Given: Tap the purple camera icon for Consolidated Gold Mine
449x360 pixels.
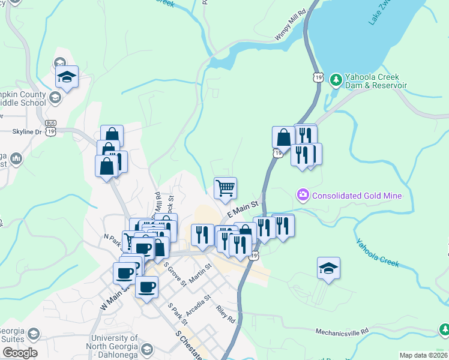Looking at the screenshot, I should pyautogui.click(x=303, y=195).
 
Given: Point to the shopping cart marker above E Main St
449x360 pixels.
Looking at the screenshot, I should pyautogui.click(x=225, y=188).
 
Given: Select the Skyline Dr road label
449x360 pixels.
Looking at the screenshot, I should pyautogui.click(x=26, y=131).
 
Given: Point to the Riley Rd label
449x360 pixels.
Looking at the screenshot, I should pyautogui.click(x=226, y=314).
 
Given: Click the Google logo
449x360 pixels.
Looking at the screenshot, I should pyautogui.click(x=19, y=353).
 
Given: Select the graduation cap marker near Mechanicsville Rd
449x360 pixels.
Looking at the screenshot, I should pyautogui.click(x=328, y=268).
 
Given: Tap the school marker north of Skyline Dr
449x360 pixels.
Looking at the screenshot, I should pyautogui.click(x=67, y=77).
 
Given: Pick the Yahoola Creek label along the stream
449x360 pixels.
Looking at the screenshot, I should pyautogui.click(x=377, y=253).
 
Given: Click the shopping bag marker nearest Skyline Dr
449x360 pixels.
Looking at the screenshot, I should pyautogui.click(x=112, y=136).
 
